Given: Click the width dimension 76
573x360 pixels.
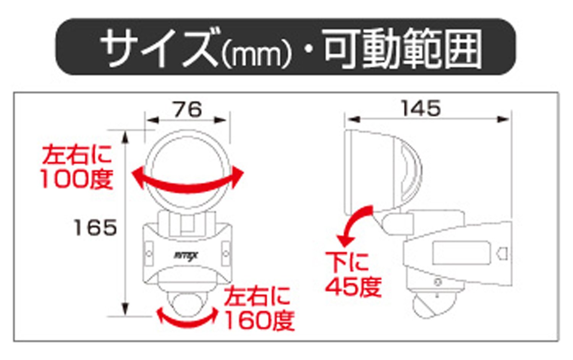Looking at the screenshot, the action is [188, 110].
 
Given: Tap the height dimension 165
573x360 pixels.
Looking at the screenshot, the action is [95, 228].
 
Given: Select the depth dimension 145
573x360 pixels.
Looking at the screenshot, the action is [421, 108].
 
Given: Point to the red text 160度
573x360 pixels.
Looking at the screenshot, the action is [259, 321].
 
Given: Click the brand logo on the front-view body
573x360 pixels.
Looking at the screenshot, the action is [186, 255].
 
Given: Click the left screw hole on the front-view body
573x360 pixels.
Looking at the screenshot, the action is [149, 253].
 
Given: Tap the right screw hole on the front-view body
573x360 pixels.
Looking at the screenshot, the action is [225, 253].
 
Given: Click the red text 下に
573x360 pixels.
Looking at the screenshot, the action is [347, 262].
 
